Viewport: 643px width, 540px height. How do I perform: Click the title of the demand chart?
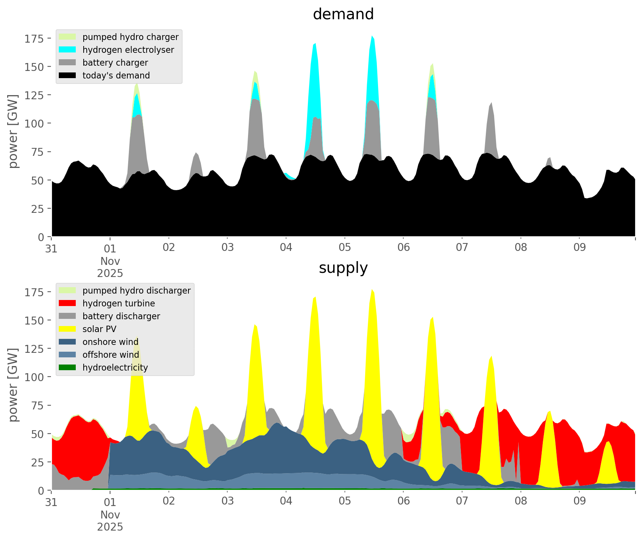pos(343,14)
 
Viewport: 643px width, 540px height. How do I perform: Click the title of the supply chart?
pos(343,268)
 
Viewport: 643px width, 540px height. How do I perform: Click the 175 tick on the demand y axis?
pos(34,38)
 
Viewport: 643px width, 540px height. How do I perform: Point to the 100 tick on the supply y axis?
pos(34,377)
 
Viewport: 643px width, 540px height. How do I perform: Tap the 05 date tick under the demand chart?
pos(344,248)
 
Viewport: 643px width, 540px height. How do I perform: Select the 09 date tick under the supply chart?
pos(579,501)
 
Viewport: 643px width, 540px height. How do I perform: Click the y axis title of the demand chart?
pos(13,131)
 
